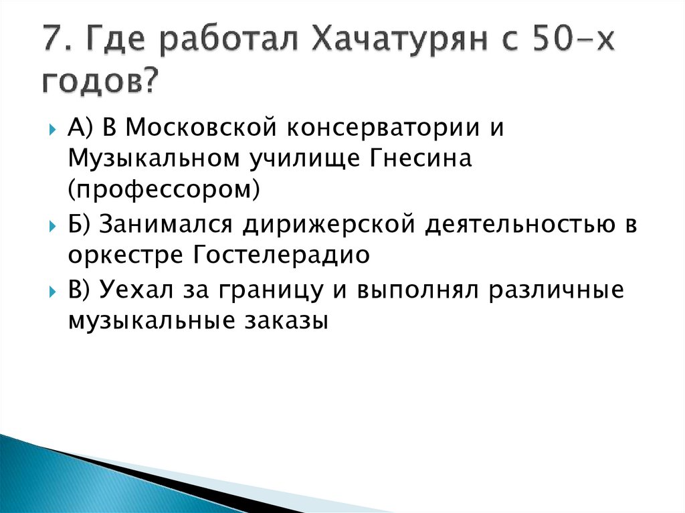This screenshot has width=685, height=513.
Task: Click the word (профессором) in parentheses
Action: coord(163,191)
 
